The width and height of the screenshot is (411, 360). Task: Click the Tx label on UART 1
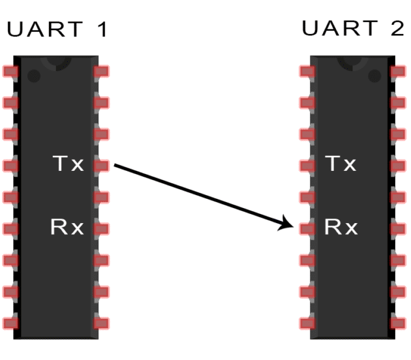pos(68,164)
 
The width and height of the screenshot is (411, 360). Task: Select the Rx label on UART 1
pos(67,227)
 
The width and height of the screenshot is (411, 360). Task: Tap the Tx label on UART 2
pos(341,164)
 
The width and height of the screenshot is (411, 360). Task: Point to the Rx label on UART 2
pos(341,227)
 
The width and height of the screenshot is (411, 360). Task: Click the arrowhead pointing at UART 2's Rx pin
pos(286,223)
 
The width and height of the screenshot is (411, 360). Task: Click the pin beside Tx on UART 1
pos(101,166)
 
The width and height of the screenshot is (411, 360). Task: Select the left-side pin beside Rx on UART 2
pos(307,229)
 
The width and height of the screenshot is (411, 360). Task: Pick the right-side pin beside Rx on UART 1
pos(101,229)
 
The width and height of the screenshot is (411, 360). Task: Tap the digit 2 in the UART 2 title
pos(397,28)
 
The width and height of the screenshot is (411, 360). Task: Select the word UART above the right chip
pos(340,28)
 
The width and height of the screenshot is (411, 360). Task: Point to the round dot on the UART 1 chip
pos(34,76)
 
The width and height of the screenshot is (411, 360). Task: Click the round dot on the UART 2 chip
pos(374,76)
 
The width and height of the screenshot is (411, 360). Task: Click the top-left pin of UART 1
pos(10,72)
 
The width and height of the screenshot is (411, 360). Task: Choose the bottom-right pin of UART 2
pos(398,323)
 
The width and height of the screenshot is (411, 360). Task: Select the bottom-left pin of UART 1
pos(10,323)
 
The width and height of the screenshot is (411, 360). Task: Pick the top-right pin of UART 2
pos(398,72)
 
